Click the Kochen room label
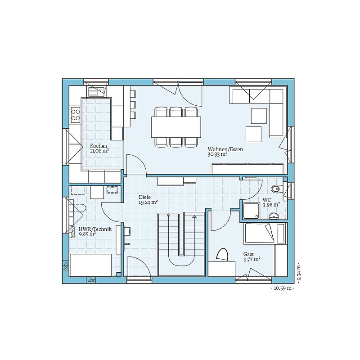coord(99,146)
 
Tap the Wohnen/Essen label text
coord(225,149)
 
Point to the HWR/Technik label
coord(95,229)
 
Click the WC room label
coord(267,200)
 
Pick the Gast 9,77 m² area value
coord(252,260)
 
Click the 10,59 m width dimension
coord(283,288)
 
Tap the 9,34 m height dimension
coord(298,272)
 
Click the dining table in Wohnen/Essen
coord(176,127)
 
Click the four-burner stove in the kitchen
coord(75,115)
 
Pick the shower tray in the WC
coord(252,211)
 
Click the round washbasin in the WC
coord(274,216)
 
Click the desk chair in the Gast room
coord(222,254)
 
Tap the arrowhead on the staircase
coord(194,216)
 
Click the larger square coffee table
coord(259,116)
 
